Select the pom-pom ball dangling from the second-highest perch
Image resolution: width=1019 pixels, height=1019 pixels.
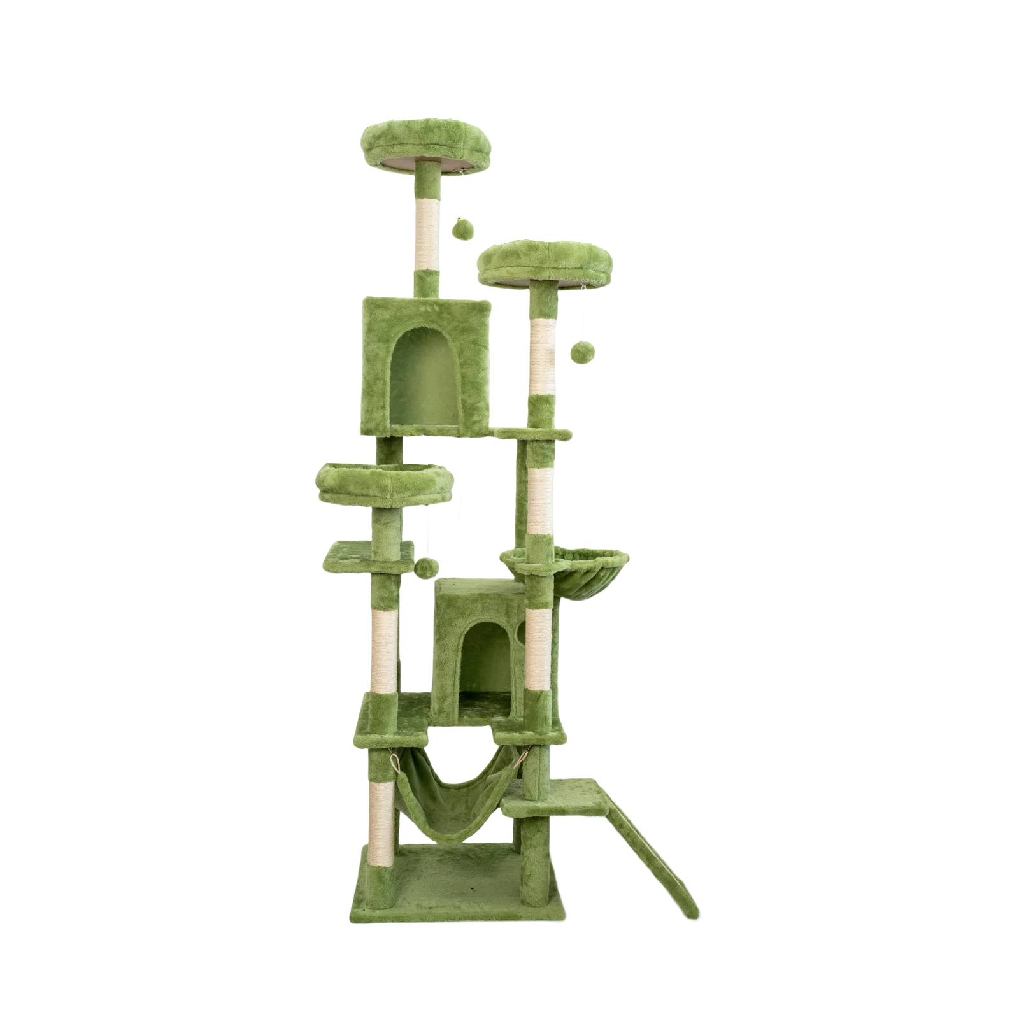point(580,352)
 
